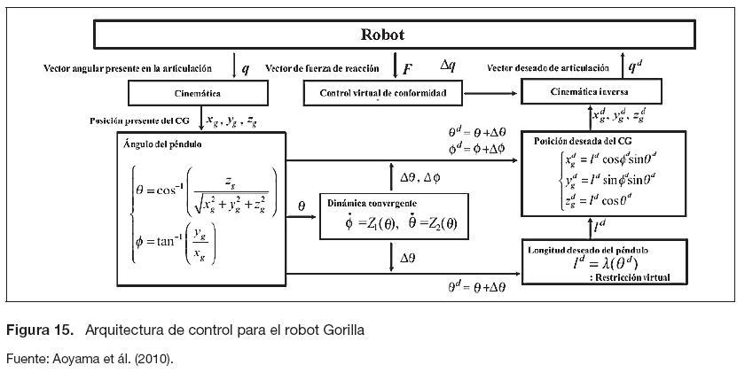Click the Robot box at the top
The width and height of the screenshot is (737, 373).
[382, 35]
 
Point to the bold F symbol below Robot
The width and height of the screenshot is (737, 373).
[407, 68]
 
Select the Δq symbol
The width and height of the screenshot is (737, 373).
[450, 65]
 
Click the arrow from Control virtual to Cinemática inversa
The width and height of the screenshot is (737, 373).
[493, 92]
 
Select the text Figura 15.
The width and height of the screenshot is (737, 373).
[40, 330]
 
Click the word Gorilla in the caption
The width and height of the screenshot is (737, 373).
[341, 330]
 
